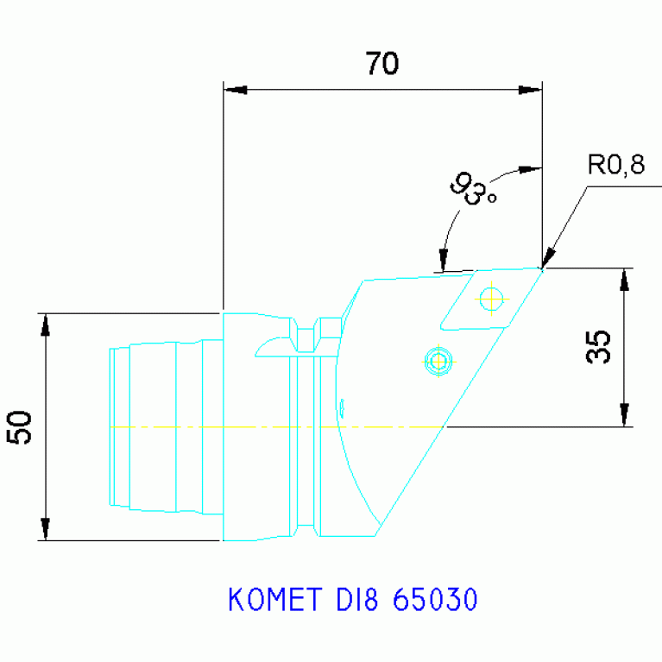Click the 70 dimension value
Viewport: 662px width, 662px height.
pyautogui.click(x=381, y=63)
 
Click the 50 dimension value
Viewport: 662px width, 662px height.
pyautogui.click(x=20, y=427)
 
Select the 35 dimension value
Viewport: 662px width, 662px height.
pyautogui.click(x=598, y=347)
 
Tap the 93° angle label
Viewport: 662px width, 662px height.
pyautogui.click(x=473, y=189)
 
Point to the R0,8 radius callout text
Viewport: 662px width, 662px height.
pyautogui.click(x=616, y=165)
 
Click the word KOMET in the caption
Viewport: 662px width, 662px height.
pyautogui.click(x=275, y=600)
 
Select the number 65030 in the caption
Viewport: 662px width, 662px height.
pyautogui.click(x=435, y=600)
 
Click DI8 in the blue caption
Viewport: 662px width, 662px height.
pyautogui.click(x=357, y=600)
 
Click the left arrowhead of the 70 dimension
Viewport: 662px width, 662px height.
pyautogui.click(x=235, y=90)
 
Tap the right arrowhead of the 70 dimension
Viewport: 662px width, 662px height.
pyautogui.click(x=530, y=90)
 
